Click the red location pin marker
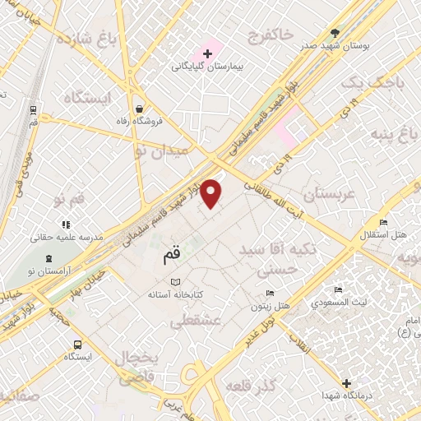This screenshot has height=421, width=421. pyautogui.click(x=212, y=193)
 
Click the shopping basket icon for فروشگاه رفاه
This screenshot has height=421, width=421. pyautogui.click(x=140, y=109)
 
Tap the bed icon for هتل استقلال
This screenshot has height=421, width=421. pyautogui.click(x=383, y=223)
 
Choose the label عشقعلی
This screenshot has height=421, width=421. pyautogui.click(x=196, y=323)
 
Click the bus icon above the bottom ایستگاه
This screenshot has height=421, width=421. pyautogui.click(x=77, y=345)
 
